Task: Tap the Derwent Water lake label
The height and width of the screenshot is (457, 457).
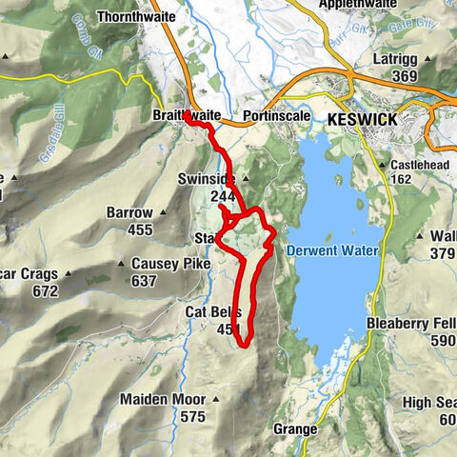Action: coord(331,250)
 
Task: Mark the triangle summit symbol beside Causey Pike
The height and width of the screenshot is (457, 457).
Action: coord(122,264)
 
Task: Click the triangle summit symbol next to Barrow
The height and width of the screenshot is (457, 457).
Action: coord(162,211)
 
